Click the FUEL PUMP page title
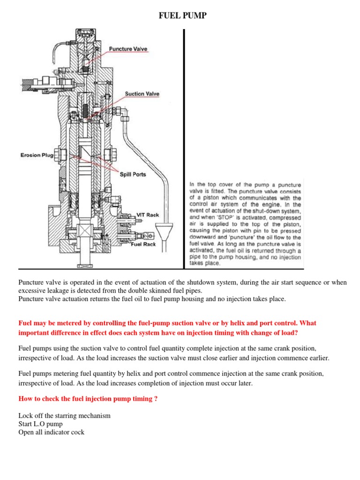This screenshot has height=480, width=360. tap(183, 17)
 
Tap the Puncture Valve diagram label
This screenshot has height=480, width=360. tap(128, 49)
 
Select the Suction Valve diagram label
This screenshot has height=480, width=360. tap(142, 94)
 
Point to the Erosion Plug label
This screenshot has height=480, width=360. tap(37, 155)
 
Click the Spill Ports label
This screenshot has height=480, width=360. tap(133, 174)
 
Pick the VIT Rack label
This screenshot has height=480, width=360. tap(147, 215)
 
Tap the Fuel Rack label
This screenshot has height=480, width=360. tap(143, 244)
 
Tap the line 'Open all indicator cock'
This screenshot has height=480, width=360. tap(51, 432)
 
